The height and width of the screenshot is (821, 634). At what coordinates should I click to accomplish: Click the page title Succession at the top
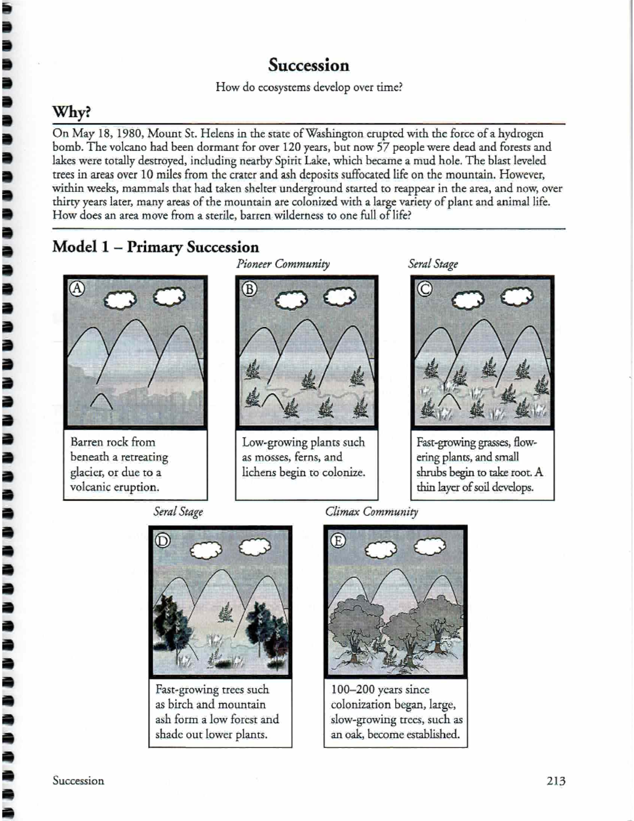[x=309, y=65]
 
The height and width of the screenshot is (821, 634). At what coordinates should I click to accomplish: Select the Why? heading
[x=71, y=112]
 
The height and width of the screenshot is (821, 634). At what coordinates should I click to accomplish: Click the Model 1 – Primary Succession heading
[x=155, y=247]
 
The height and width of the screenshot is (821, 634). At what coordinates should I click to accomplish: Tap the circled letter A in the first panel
[x=78, y=288]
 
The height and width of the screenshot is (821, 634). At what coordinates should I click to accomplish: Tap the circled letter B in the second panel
[x=249, y=289]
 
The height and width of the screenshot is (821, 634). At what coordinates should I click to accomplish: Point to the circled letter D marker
[x=162, y=540]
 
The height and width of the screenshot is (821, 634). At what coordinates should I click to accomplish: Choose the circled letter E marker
[x=338, y=540]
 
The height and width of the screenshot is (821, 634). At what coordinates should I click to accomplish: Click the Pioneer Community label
[x=283, y=264]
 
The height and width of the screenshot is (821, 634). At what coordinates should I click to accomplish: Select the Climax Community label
[x=371, y=511]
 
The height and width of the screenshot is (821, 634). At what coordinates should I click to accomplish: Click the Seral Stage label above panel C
[x=433, y=264]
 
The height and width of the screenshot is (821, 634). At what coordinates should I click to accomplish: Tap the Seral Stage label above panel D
[x=178, y=511]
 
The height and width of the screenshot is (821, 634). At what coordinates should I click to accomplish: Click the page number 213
[x=556, y=781]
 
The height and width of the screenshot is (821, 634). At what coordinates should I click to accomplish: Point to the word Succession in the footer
[x=78, y=780]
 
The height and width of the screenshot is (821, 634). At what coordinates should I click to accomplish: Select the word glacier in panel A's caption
[x=87, y=472]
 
